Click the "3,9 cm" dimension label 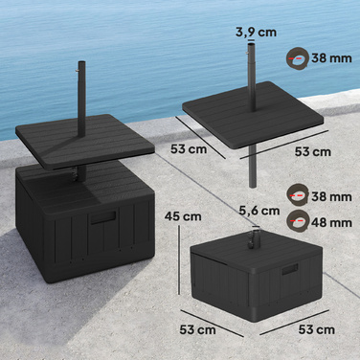click(x=256, y=32)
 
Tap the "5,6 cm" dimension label click(x=259, y=211)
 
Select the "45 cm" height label click(x=183, y=216)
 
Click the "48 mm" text click(x=332, y=222)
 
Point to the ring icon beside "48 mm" click(x=298, y=220)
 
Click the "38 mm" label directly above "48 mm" click(x=332, y=196)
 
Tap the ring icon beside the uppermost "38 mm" click(x=296, y=57)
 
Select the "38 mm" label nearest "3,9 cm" click(x=332, y=58)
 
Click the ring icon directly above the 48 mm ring click(x=298, y=194)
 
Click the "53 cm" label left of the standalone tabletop click(x=189, y=149)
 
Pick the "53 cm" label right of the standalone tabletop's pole click(x=313, y=151)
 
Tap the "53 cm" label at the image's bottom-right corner click(x=317, y=329)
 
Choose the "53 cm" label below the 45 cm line click(x=197, y=329)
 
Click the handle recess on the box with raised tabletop click(x=103, y=218)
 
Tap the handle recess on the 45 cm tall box click(x=290, y=270)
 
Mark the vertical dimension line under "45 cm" click(x=180, y=259)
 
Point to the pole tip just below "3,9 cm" click(x=251, y=44)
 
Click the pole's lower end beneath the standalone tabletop click(x=252, y=185)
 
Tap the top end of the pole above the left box click(x=81, y=62)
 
